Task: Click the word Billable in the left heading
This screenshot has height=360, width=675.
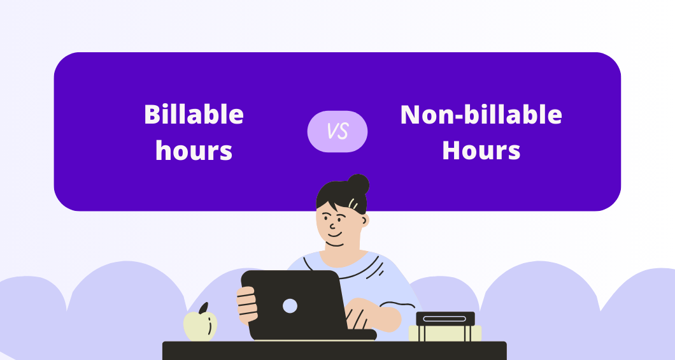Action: pos(194,115)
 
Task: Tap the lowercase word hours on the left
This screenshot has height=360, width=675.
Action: pos(194,151)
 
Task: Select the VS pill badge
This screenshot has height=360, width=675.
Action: pos(337,131)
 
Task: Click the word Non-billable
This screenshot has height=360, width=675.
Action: pos(481,115)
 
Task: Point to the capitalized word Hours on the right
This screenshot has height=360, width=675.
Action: pos(481,151)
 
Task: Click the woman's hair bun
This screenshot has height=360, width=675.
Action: pos(358,184)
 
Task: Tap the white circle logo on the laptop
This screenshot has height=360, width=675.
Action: pos(290,306)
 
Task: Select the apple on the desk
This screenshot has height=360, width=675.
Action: pos(200,326)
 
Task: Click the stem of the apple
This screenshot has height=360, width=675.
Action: pos(204,308)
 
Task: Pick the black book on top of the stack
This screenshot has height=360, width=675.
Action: pos(445,319)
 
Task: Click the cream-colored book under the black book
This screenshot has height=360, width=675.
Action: pos(445,333)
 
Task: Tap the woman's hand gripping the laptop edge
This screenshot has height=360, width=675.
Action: pos(247,305)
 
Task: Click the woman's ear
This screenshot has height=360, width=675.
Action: pos(364,220)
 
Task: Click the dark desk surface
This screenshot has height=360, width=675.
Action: pos(334,350)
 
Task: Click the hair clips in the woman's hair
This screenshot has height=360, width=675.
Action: pos(352,203)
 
